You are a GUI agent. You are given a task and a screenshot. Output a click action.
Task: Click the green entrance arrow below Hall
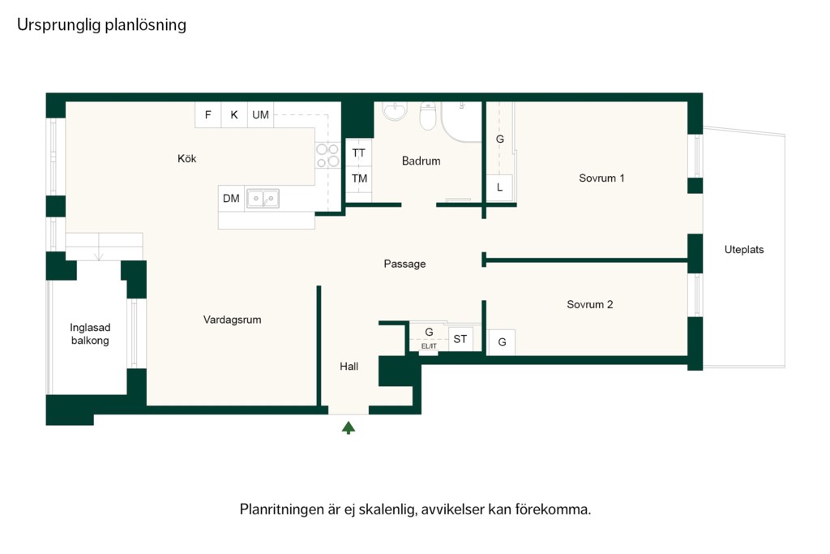pyautogui.click(x=349, y=427)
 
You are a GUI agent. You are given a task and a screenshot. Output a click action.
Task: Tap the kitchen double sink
pyautogui.click(x=263, y=199)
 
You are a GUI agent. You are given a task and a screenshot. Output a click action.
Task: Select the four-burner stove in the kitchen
pyautogui.click(x=327, y=155)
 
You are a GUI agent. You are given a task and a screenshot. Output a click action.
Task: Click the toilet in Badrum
pyautogui.click(x=428, y=115)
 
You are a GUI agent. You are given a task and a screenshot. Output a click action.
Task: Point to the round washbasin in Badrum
pyautogui.click(x=395, y=111)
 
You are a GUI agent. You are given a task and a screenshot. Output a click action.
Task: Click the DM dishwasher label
pyautogui.click(x=231, y=199)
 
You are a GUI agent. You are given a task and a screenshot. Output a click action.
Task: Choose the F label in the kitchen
pyautogui.click(x=208, y=115)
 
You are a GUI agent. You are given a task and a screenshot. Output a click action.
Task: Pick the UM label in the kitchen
pyautogui.click(x=260, y=115)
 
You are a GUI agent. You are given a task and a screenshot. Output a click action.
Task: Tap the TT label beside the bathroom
pyautogui.click(x=359, y=153)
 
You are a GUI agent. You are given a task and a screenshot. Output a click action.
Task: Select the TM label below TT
pyautogui.click(x=359, y=178)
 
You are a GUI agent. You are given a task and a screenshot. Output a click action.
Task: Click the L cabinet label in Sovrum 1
pyautogui.click(x=499, y=187)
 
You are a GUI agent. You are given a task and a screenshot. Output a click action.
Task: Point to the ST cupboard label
pyautogui.click(x=460, y=339)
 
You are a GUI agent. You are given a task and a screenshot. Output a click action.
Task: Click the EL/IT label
pyautogui.click(x=429, y=346)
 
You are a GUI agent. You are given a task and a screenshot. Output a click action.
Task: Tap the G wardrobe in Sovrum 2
pyautogui.click(x=502, y=342)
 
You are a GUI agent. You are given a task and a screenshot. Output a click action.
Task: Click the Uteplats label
pyautogui.click(x=744, y=250)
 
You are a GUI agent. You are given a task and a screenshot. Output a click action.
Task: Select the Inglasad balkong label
pyautogui.click(x=90, y=334)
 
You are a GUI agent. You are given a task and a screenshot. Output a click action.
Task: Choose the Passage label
pyautogui.click(x=404, y=264)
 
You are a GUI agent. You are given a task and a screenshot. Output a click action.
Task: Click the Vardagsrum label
pyautogui.click(x=232, y=320)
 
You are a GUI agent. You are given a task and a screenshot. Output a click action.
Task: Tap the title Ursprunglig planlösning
pyautogui.click(x=101, y=25)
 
